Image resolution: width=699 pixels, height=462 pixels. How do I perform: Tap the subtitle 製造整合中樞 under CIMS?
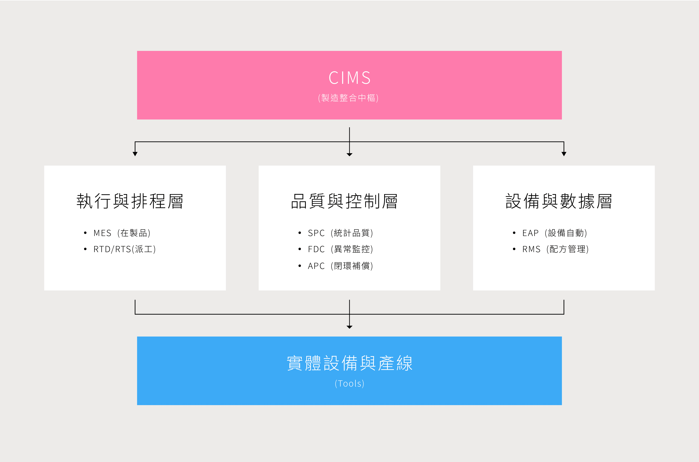coord(348,98)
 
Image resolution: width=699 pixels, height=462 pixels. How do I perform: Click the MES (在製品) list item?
coord(122,233)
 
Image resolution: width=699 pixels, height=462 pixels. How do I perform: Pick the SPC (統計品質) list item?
coord(341,233)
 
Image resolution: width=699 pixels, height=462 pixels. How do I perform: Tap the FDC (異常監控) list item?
coord(341,249)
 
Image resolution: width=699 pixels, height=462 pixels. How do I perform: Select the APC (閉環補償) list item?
coord(341,266)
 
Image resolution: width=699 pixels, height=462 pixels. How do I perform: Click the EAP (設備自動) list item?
coord(555,233)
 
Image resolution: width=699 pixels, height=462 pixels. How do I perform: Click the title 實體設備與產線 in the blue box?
coord(349,363)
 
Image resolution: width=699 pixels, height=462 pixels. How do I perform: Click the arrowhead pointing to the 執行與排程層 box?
coord(135,154)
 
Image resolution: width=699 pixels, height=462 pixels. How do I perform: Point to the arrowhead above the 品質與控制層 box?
coord(349,154)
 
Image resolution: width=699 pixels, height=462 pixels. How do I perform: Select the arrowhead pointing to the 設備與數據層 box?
coord(564,154)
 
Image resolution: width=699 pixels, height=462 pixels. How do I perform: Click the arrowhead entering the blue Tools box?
coord(349,327)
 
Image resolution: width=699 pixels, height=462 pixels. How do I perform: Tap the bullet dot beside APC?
coord(300,266)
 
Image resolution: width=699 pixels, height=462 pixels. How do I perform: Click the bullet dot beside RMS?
coord(514,249)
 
